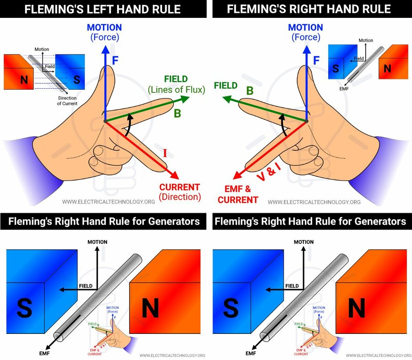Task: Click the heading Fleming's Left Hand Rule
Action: (x=103, y=9)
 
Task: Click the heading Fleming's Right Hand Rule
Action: (x=309, y=9)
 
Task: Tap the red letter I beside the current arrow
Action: (x=165, y=153)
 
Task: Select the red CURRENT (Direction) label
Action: (x=179, y=192)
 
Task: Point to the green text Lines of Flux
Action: (x=176, y=90)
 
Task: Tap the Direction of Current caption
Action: (x=67, y=101)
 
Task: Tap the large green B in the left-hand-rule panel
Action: (x=177, y=113)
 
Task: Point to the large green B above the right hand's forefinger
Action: (x=250, y=91)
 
